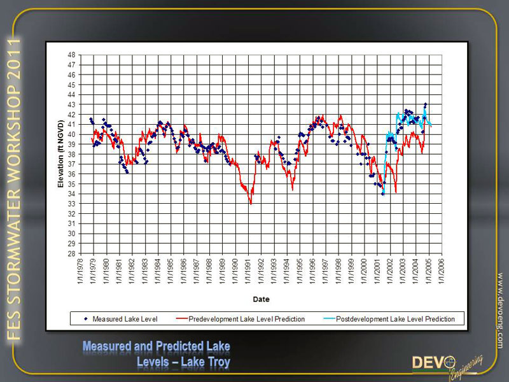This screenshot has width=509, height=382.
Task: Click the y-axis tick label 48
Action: coord(72,55)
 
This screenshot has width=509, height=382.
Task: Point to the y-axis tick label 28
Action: coord(72,253)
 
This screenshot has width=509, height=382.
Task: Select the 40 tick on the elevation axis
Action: coord(72,134)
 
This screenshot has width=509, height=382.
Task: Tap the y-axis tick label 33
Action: coord(72,204)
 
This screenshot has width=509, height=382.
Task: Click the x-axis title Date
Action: coord(261,299)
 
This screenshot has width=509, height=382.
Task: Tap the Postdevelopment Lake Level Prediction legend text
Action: coord(395,318)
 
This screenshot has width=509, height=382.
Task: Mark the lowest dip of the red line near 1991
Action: coord(251,204)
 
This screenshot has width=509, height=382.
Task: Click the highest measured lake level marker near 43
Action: coord(425,104)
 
